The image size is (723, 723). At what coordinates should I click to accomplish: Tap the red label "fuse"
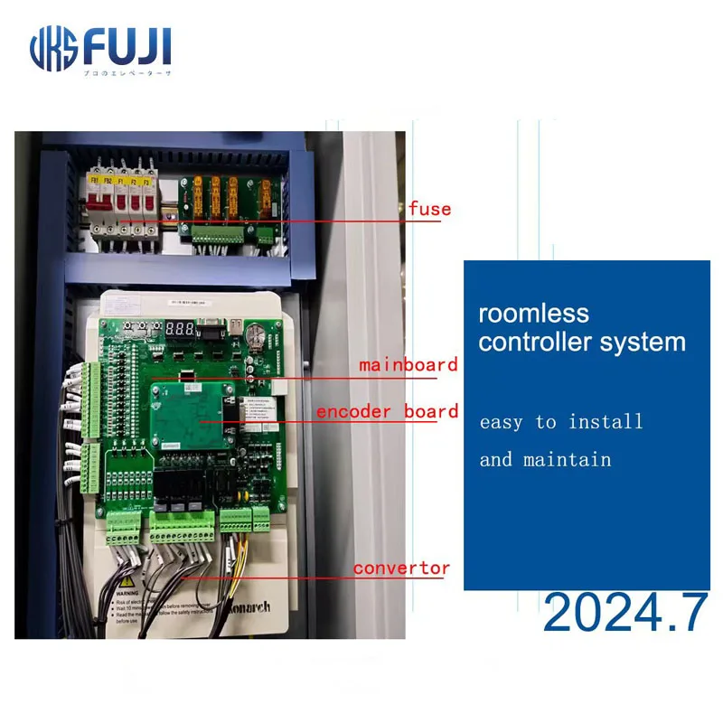[429, 209]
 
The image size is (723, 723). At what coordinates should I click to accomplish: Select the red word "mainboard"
[408, 365]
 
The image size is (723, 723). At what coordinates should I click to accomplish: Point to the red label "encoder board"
[387, 412]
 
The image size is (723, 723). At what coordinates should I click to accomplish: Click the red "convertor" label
[401, 568]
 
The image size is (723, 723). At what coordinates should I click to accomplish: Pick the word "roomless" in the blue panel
[533, 315]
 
